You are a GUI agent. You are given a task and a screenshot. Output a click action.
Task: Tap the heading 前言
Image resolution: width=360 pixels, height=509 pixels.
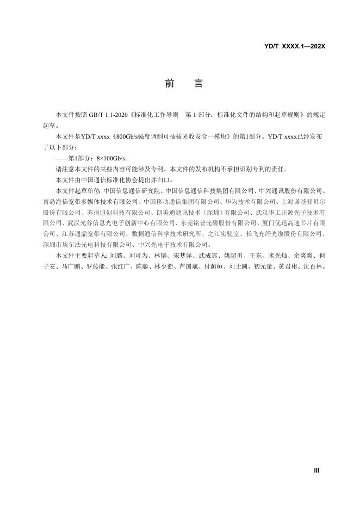pos(183,84)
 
